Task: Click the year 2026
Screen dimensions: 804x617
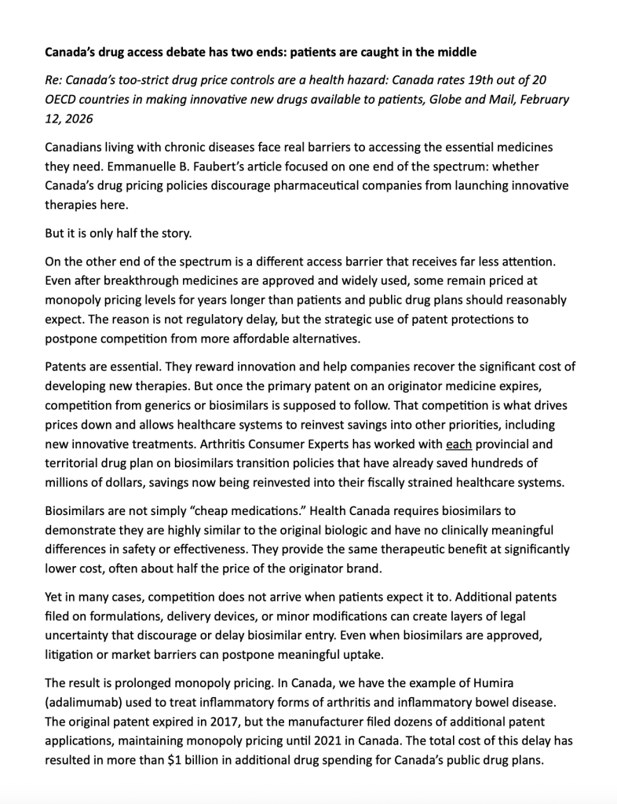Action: tap(75, 119)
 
